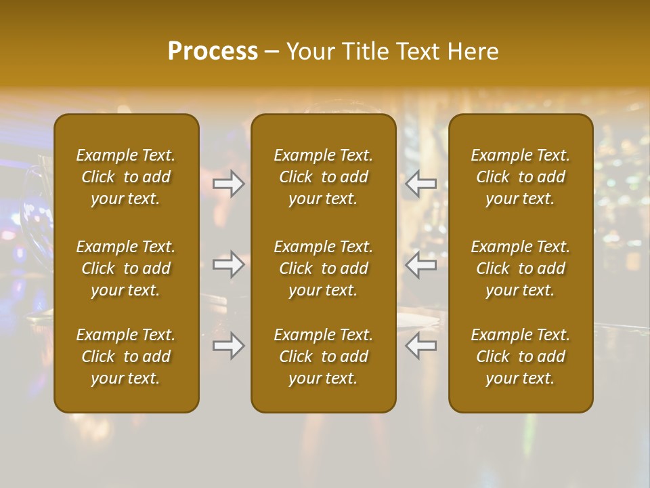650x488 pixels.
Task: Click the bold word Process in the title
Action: click(213, 52)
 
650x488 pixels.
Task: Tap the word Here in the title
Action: click(474, 52)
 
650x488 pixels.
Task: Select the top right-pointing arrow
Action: click(229, 184)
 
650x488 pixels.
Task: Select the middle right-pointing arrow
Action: click(229, 264)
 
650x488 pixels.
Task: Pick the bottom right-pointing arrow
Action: click(229, 346)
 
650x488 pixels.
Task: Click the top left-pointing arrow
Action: click(421, 184)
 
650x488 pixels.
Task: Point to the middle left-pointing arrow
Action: click(421, 264)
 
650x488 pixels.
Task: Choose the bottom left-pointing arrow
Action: click(421, 346)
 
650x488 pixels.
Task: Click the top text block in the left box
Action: click(126, 177)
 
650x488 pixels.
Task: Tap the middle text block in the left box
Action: click(126, 268)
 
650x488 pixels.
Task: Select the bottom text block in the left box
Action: click(126, 357)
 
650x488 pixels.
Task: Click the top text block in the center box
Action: click(324, 177)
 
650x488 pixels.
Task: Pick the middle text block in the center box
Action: click(324, 268)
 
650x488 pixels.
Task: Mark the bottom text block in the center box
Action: click(324, 357)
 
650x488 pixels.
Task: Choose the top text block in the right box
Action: click(521, 177)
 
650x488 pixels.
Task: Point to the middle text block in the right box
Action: click(521, 268)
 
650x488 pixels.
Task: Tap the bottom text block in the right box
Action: click(521, 357)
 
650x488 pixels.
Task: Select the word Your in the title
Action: click(311, 52)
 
